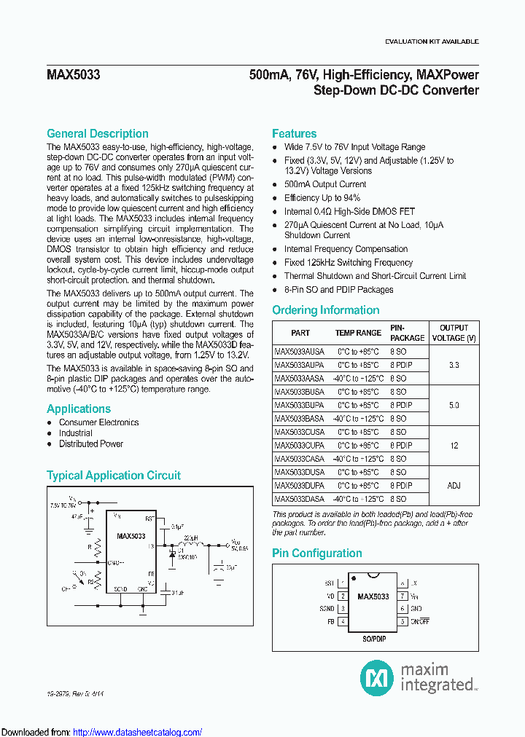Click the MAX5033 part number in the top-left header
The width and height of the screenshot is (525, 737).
pyautogui.click(x=73, y=75)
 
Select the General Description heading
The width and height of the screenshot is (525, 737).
pyautogui.click(x=97, y=133)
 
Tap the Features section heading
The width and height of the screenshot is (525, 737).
pyautogui.click(x=294, y=133)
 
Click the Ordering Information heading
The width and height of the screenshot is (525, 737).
pyautogui.click(x=325, y=310)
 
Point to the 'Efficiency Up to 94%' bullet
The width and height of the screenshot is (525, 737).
pyautogui.click(x=322, y=197)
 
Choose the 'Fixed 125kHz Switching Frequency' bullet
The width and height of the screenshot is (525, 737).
pyautogui.click(x=348, y=262)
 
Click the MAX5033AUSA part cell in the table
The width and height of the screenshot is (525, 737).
pyautogui.click(x=299, y=351)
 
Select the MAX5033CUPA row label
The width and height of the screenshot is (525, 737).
pyautogui.click(x=299, y=446)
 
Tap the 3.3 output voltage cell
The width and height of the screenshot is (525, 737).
pyautogui.click(x=454, y=365)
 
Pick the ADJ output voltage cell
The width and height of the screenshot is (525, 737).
pyautogui.click(x=454, y=486)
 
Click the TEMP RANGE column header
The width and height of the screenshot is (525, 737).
pyautogui.click(x=358, y=333)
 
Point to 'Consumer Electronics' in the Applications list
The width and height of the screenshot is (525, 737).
pyautogui.click(x=98, y=422)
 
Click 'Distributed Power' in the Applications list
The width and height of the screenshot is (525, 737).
pyautogui.click(x=91, y=444)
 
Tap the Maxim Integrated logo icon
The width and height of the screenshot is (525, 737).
pyautogui.click(x=377, y=678)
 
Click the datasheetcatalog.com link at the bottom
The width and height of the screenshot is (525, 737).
pyautogui.click(x=138, y=733)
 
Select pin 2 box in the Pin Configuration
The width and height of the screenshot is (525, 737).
pyautogui.click(x=343, y=596)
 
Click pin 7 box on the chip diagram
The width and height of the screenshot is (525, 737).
pyautogui.click(x=402, y=596)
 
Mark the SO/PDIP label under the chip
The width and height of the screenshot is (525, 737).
pyautogui.click(x=373, y=639)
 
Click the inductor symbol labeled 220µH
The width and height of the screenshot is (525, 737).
pyautogui.click(x=191, y=545)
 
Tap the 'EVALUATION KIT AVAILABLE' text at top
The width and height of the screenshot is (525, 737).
pyautogui.click(x=431, y=42)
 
